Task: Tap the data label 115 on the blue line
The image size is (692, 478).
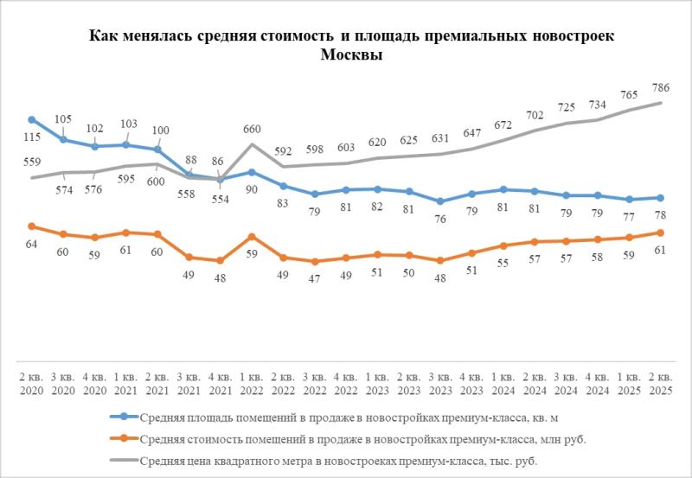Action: [32, 137]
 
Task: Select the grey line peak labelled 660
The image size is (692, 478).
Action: [251, 143]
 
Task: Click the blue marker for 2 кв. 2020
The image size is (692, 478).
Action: [32, 120]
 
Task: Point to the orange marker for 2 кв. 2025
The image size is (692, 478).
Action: [660, 233]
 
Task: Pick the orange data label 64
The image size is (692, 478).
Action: [32, 245]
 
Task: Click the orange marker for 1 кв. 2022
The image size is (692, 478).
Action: [251, 236]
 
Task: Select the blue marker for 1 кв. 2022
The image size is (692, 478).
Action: [251, 172]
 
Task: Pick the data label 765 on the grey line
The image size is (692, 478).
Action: [629, 94]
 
